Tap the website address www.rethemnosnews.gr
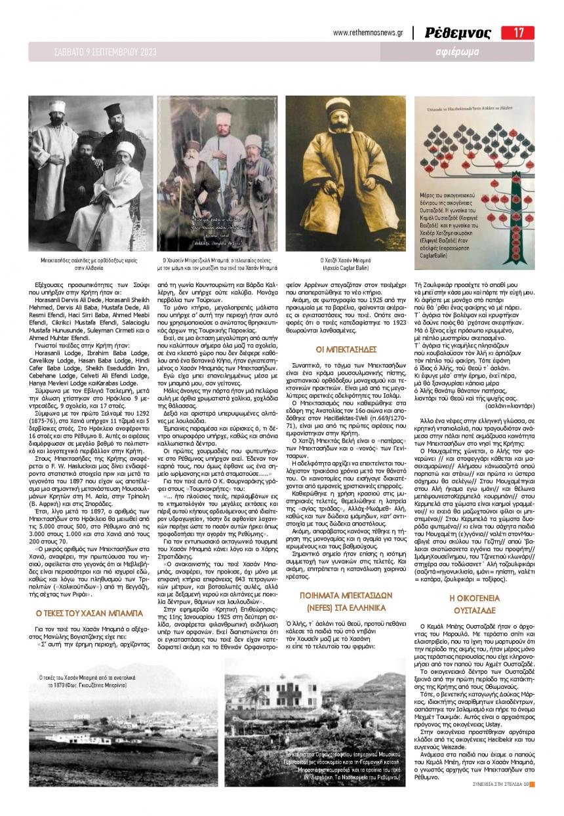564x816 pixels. (x=369, y=33)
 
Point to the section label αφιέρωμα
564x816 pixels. (x=457, y=52)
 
